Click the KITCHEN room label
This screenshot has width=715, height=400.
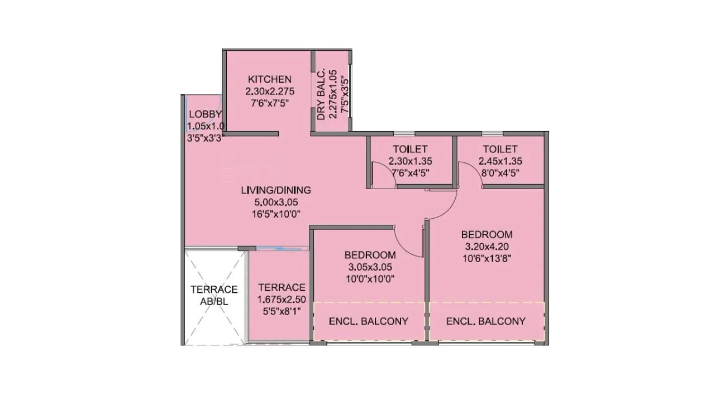(270, 79)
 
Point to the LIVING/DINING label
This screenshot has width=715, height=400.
(276, 190)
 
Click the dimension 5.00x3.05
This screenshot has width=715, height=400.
(276, 201)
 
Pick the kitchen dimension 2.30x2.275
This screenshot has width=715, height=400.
(270, 91)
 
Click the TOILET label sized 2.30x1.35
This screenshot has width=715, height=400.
(410, 150)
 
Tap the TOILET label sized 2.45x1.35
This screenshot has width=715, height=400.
(500, 150)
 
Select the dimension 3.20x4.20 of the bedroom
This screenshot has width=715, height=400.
(487, 246)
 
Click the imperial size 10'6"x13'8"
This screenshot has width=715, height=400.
(487, 258)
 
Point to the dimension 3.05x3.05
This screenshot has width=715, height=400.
(370, 267)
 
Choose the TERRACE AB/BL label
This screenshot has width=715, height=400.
(214, 295)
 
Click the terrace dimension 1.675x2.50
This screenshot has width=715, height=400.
(282, 300)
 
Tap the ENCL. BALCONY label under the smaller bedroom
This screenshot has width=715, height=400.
(368, 321)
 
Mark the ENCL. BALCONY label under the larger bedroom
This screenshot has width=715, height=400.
(485, 321)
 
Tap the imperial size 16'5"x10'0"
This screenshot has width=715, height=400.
(276, 213)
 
